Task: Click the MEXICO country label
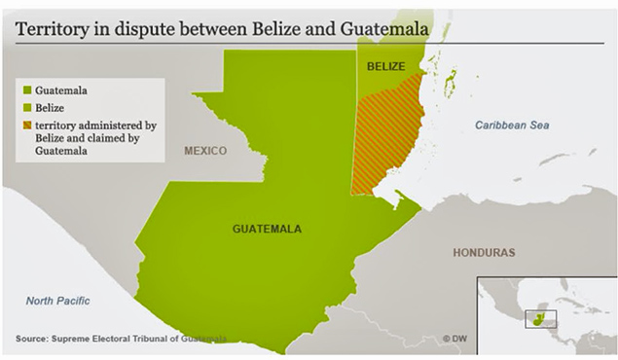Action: point(205,151)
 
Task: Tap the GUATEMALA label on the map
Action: point(267,229)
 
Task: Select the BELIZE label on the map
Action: point(385,66)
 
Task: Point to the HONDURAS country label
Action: point(483,252)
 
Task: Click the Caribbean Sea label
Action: point(513,126)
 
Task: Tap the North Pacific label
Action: point(57,301)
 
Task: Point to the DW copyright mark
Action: point(454,338)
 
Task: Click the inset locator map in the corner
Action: point(546,315)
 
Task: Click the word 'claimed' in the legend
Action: point(102,139)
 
